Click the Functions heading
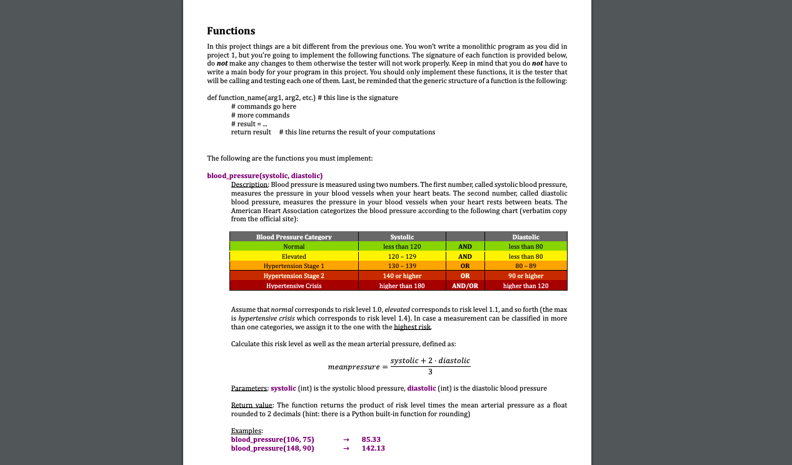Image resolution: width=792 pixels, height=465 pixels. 231,31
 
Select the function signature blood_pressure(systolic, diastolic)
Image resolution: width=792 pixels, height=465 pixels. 264,176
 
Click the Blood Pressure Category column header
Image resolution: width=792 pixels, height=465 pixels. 294,237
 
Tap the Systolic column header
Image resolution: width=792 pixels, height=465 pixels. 402,237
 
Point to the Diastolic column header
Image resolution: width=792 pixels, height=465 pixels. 525,237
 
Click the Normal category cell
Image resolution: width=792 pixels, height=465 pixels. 294,247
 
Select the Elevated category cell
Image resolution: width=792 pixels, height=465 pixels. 294,256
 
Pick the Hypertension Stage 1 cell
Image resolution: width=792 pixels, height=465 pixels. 294,266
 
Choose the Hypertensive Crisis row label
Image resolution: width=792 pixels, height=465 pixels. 294,286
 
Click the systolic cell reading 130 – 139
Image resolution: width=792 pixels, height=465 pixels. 402,266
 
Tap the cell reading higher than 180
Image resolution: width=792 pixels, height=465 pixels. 402,286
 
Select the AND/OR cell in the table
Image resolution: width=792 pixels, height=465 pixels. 465,286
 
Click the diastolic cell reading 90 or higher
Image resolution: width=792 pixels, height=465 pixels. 525,276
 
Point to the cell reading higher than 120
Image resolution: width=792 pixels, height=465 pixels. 525,286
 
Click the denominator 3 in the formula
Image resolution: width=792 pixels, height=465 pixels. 430,372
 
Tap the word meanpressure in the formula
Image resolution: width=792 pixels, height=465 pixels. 353,366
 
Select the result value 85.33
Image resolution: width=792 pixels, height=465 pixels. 371,439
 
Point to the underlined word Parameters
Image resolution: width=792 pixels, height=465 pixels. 249,388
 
